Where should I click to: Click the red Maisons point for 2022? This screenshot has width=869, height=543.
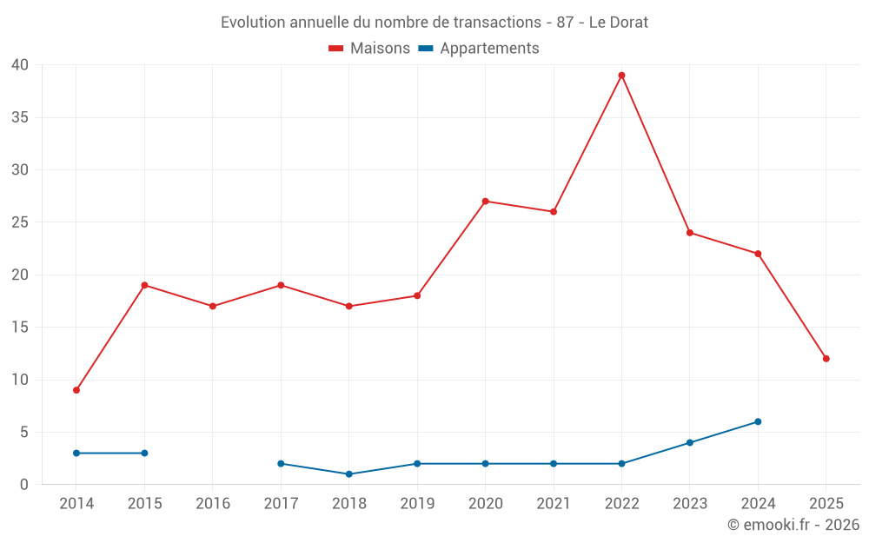[x=621, y=76]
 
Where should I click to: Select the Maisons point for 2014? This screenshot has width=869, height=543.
[x=76, y=390]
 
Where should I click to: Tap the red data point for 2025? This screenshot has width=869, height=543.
[x=826, y=359]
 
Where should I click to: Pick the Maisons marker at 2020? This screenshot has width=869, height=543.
[x=485, y=202]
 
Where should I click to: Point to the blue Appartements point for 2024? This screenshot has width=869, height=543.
[x=758, y=421]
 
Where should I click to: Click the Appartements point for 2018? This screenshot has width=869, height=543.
[x=348, y=474]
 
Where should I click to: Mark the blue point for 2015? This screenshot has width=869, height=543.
[x=144, y=453]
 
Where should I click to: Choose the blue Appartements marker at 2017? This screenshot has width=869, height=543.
[x=281, y=464]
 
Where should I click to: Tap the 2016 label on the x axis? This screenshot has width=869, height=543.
[x=213, y=504]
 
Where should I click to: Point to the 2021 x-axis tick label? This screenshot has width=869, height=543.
[x=554, y=504]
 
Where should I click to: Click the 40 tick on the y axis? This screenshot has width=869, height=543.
[x=21, y=65]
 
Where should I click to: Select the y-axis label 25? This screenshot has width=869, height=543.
[x=21, y=222]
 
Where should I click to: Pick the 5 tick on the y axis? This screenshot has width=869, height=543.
[x=24, y=432]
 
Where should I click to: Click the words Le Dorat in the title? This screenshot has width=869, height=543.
[x=619, y=23]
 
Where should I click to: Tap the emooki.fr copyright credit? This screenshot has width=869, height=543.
[x=793, y=525]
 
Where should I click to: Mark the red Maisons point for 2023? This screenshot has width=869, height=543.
[x=690, y=233]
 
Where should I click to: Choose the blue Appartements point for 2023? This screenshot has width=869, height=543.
[x=690, y=442]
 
